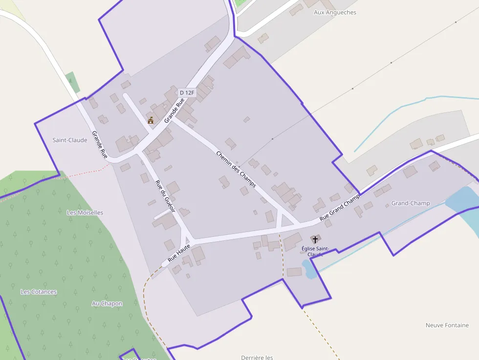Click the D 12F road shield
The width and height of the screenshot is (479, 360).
coord(187,92)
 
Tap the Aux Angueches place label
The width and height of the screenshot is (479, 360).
coord(335,12)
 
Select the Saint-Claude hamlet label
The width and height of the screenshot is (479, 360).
coord(70,140)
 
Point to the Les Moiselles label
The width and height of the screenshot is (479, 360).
coord(85,212)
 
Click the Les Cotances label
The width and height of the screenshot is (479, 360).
coord(39,292)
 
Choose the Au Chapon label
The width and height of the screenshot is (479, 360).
coord(107,303)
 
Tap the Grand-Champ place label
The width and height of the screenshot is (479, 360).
coord(411,203)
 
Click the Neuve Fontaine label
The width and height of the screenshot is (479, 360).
coord(447,325)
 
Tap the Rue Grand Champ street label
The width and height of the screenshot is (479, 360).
coord(340,207)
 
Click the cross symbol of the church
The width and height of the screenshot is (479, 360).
coord(315,239)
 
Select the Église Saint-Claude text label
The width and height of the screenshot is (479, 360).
coord(315,251)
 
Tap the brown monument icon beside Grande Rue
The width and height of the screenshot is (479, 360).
coord(151,120)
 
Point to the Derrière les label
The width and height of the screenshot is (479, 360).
coord(257,357)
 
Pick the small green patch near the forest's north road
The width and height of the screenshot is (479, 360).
coord(72,82)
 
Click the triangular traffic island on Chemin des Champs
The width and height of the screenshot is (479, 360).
coord(287,221)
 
